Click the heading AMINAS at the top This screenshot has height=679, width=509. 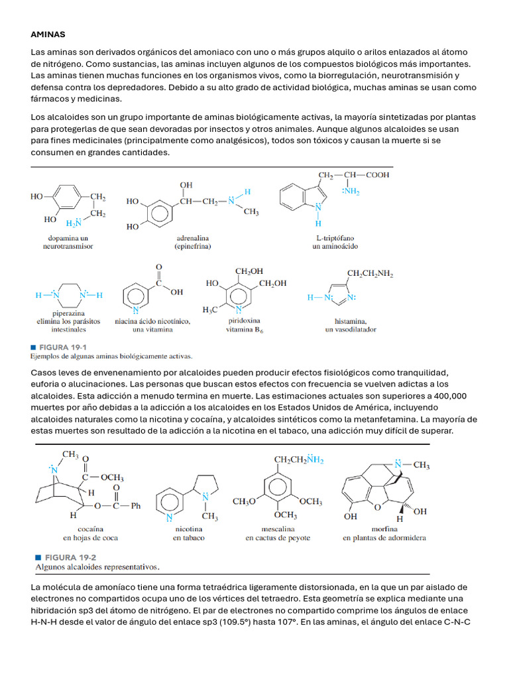coord(48,34)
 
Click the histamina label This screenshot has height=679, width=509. coord(341,321)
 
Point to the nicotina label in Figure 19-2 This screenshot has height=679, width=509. coord(189,529)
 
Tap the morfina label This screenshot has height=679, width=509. coord(384,529)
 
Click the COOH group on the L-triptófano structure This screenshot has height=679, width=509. coord(376,175)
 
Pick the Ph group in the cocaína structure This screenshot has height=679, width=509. coord(137,506)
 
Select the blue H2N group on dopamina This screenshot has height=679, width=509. coord(74,223)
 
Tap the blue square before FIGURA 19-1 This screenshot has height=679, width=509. coord(33,347)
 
